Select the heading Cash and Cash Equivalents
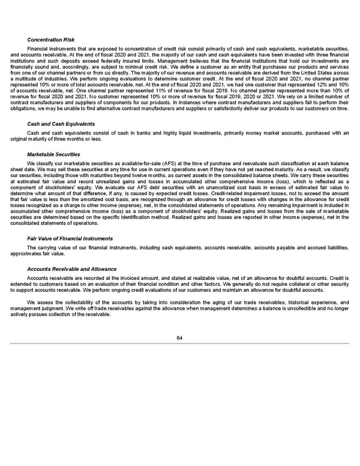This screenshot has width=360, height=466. pyautogui.click(x=53, y=124)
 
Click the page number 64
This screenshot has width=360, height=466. pyautogui.click(x=179, y=337)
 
